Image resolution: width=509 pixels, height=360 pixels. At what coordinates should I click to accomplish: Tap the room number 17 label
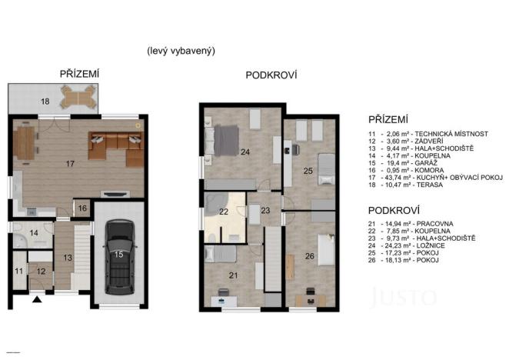click(70, 163)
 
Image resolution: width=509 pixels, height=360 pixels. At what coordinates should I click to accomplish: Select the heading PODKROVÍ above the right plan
click(271, 75)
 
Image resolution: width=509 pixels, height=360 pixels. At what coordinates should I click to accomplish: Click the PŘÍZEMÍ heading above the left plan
click(79, 74)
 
